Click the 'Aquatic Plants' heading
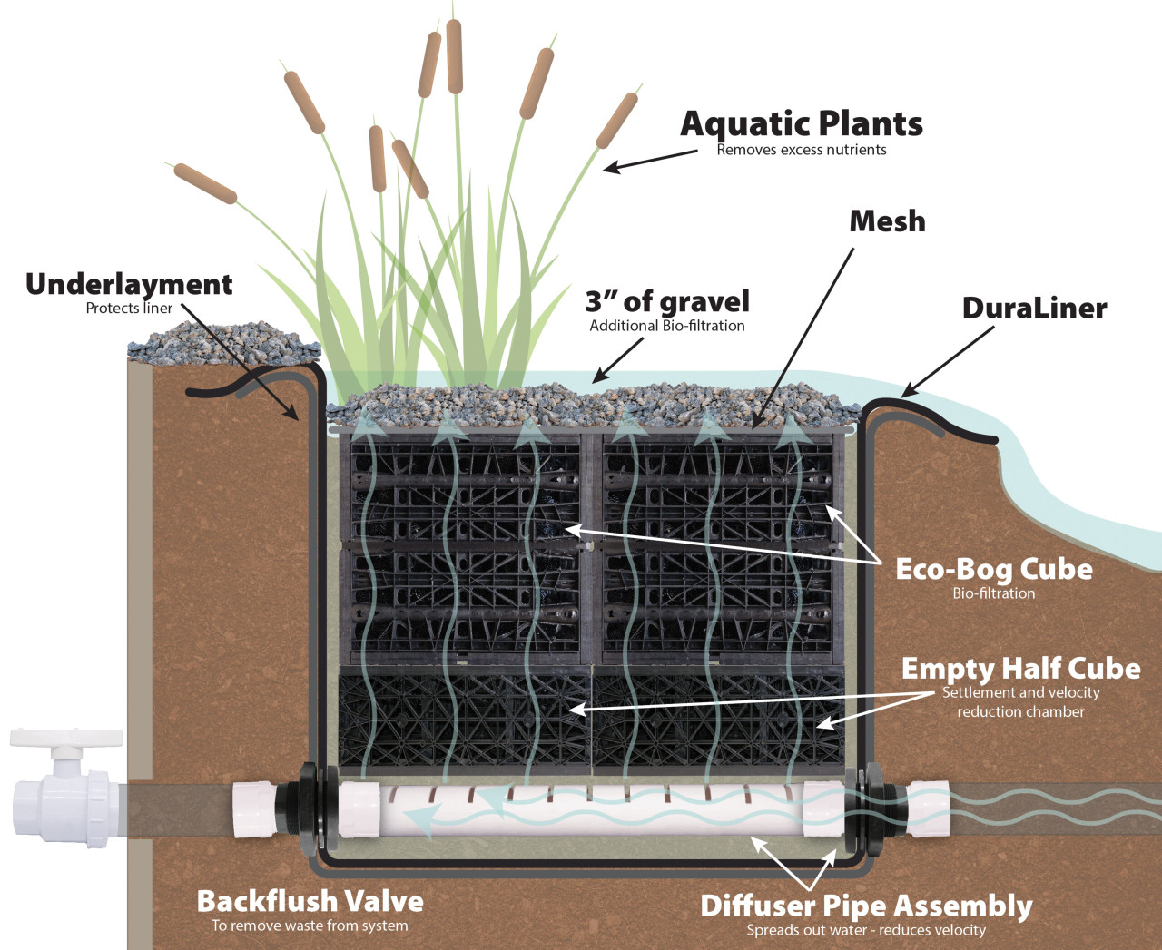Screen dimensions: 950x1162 point(801,124)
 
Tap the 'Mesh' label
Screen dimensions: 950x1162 point(887,221)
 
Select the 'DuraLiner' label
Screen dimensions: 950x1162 point(1034,309)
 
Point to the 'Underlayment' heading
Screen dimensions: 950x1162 point(129,284)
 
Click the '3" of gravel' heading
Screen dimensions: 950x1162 point(667,301)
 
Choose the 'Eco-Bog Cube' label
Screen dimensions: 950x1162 point(993,569)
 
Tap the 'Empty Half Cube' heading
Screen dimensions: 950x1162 point(1020,669)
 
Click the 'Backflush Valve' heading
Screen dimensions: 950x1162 point(310,901)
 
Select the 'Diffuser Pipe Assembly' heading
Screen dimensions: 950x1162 point(866,906)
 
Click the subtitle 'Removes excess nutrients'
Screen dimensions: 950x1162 point(801,150)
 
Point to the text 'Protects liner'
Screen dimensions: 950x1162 point(129,309)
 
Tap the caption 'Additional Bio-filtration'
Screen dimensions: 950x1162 point(667,326)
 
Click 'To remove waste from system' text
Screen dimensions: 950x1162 point(310,926)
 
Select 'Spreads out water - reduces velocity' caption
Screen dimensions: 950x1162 point(866,930)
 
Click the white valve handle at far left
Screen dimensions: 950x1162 point(65,737)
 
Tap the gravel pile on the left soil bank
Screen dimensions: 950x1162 point(222,344)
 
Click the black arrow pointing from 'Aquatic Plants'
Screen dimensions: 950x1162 point(649,160)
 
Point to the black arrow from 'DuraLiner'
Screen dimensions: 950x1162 point(949,361)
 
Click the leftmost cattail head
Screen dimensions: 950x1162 point(204,183)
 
